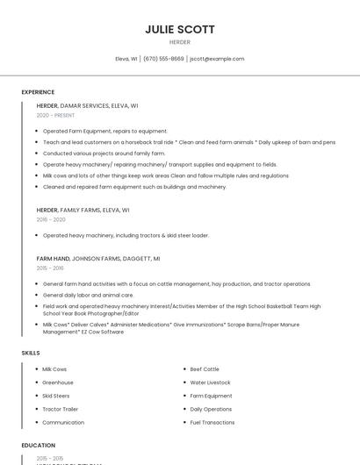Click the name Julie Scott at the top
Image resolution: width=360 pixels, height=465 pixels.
pyautogui.click(x=180, y=29)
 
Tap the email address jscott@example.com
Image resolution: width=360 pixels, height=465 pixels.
pyautogui.click(x=217, y=59)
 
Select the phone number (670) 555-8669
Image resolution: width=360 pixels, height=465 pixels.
pyautogui.click(x=163, y=59)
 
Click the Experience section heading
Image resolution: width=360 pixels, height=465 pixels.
pyautogui.click(x=38, y=92)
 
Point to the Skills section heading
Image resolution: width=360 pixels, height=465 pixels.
pyautogui.click(x=31, y=353)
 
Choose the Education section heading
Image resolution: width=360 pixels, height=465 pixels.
pyautogui.click(x=39, y=446)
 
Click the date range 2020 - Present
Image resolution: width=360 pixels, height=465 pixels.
pyautogui.click(x=55, y=115)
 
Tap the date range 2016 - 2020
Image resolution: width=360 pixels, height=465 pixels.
pyautogui.click(x=51, y=219)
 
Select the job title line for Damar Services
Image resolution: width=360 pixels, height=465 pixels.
pyautogui.click(x=87, y=105)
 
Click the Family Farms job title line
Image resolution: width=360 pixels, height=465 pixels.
pyautogui.click(x=83, y=211)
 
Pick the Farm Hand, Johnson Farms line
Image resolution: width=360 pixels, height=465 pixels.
pyautogui.click(x=97, y=259)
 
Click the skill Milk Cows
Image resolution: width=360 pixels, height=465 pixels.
pyautogui.click(x=54, y=369)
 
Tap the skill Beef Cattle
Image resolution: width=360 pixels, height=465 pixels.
pyautogui.click(x=205, y=369)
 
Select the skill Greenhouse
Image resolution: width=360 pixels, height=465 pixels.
pyautogui.click(x=58, y=383)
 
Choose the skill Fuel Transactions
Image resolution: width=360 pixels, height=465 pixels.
pyautogui.click(x=212, y=422)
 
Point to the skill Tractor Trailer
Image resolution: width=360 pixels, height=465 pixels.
pyautogui.click(x=61, y=409)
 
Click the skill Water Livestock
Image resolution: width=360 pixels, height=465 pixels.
pyautogui.click(x=210, y=383)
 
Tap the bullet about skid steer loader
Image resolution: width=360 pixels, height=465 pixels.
pyautogui.click(x=126, y=235)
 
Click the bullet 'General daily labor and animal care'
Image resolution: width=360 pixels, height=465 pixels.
pyautogui.click(x=100, y=295)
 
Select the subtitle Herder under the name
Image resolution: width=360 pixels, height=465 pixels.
pyautogui.click(x=180, y=42)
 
